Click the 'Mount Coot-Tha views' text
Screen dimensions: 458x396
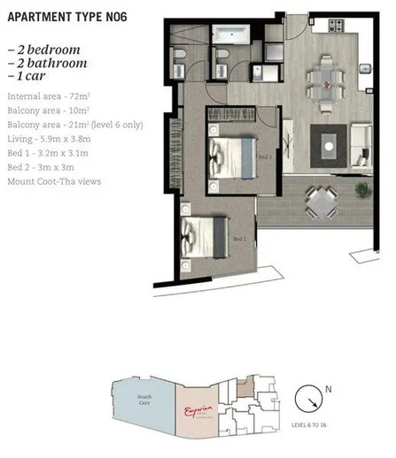click(x=54, y=181)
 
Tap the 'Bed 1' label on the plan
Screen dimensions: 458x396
click(x=238, y=239)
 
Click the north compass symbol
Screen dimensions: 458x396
click(x=310, y=398)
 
